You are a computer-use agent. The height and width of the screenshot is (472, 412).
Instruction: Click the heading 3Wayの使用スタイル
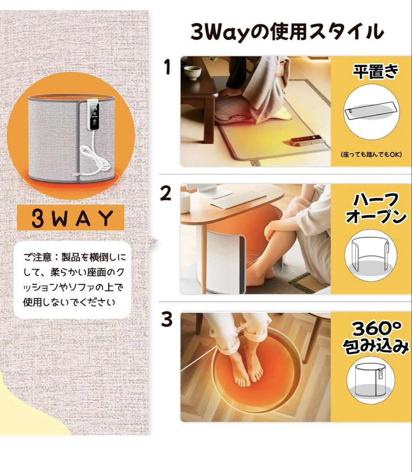pyautogui.click(x=287, y=32)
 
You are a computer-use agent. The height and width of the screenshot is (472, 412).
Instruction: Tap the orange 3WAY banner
pyautogui.click(x=70, y=218)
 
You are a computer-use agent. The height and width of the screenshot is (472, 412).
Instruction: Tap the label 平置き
pyautogui.click(x=375, y=72)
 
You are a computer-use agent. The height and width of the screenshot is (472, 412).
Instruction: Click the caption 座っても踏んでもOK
pyautogui.click(x=371, y=154)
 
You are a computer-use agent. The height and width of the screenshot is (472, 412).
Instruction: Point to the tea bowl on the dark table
pyautogui.click(x=192, y=73)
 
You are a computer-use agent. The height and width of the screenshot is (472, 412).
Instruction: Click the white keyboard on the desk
pyautogui.click(x=238, y=199)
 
